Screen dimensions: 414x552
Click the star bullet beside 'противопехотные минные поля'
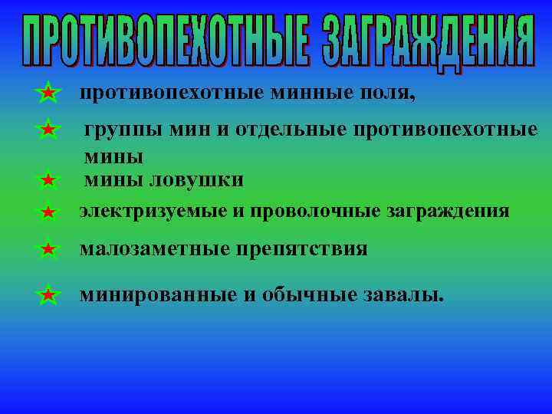pos(48,93)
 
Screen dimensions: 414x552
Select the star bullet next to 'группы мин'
pos(48,130)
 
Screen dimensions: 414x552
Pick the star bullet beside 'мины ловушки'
pos(48,181)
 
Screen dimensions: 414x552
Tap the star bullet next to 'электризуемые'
pos(48,212)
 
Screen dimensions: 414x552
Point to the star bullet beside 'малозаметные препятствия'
pos(48,249)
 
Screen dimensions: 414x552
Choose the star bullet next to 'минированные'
pos(48,294)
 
